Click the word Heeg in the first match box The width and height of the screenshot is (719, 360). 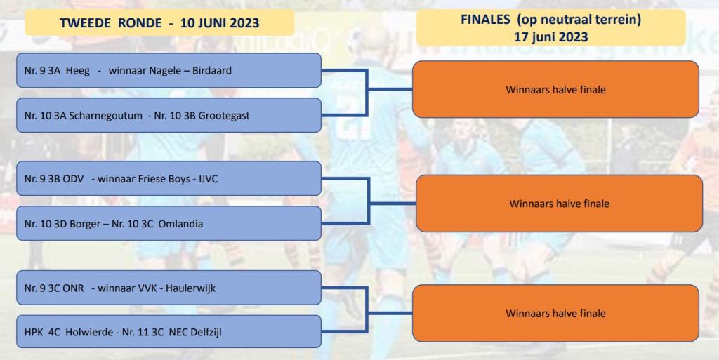tap(77, 71)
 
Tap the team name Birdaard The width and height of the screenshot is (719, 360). tap(212, 71)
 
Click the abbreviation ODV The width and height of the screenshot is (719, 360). tap(73, 179)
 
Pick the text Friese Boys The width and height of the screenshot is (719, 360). tap(166, 179)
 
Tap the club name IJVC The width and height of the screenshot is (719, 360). tap(208, 179)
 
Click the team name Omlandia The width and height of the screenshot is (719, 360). tap(180, 224)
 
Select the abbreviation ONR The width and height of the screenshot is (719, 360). tap(73, 288)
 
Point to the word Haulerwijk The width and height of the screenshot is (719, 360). tap(190, 288)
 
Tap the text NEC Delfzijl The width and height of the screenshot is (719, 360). tap(195, 332)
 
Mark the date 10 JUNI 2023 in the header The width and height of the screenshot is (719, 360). tap(220, 23)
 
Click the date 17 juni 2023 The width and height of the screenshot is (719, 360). tap(550, 36)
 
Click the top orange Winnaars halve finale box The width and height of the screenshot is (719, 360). tap(556, 89)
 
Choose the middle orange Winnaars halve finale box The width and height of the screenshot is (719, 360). tap(560, 204)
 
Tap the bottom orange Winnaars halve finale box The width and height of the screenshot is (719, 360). tap(556, 313)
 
